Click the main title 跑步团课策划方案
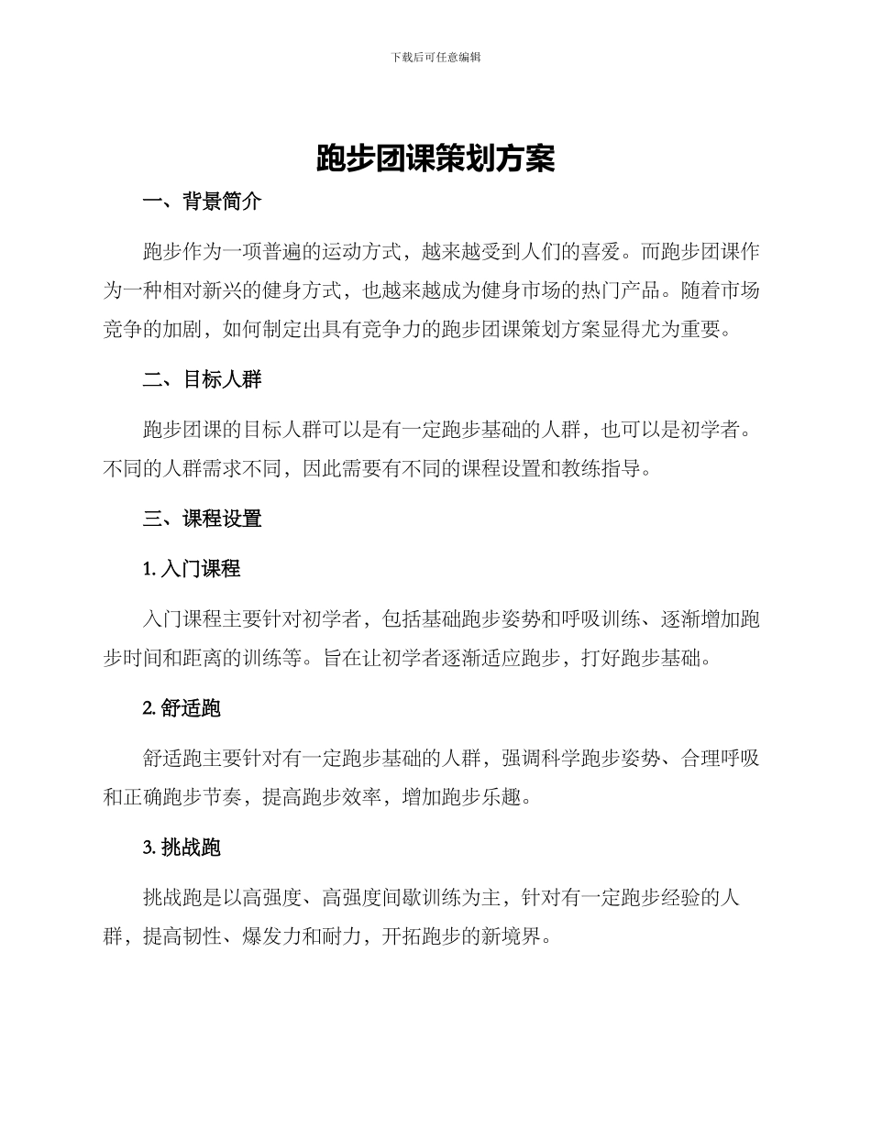[x=435, y=158]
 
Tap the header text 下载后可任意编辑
[x=435, y=57]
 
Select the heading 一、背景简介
[x=203, y=202]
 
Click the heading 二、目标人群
[x=203, y=379]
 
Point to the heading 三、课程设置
[x=203, y=519]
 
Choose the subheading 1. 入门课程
[x=192, y=569]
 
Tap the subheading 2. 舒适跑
[x=182, y=708]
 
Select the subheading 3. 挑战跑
[x=182, y=848]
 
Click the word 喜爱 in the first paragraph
[x=601, y=252]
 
